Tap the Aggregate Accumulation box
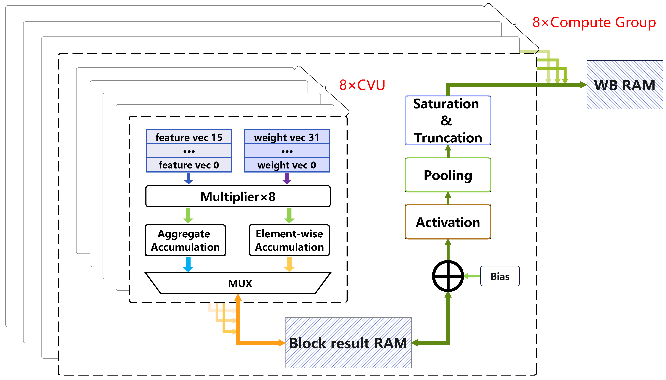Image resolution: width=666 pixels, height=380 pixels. (x=185, y=240)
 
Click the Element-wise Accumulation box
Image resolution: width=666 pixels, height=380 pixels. (x=289, y=240)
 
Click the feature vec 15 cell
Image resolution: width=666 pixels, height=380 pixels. (x=189, y=137)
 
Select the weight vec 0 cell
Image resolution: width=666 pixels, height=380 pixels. (x=287, y=165)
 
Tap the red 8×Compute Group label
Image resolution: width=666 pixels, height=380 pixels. (x=594, y=22)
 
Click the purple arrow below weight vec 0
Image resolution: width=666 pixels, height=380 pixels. (x=287, y=178)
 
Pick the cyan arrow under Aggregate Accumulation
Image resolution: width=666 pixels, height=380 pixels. (x=188, y=264)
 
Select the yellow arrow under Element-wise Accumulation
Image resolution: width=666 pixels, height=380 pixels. (x=289, y=264)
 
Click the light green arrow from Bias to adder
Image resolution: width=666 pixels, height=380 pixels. (x=472, y=276)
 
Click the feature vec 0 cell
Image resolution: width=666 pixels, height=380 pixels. (x=189, y=165)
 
